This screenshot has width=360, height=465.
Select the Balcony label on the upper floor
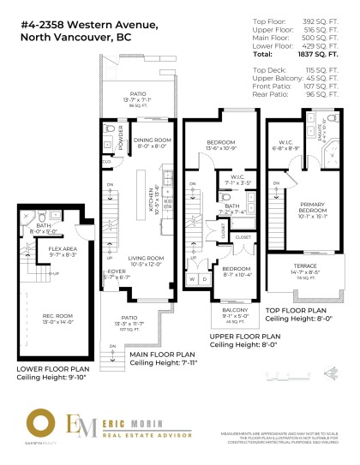(x=227, y=313)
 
